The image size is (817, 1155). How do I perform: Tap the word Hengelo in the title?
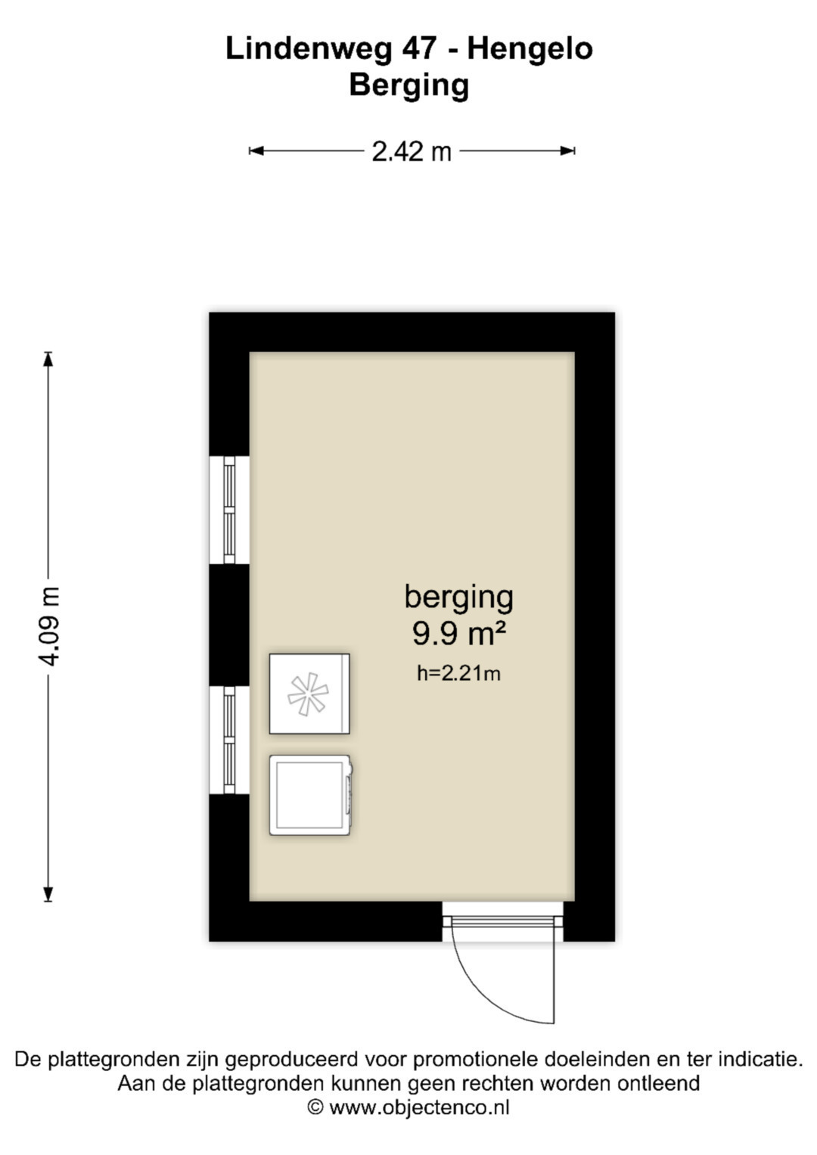[x=530, y=49]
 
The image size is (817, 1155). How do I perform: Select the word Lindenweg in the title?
[x=309, y=49]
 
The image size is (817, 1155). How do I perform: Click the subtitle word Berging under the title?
[x=409, y=85]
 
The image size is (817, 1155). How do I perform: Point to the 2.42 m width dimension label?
[x=412, y=151]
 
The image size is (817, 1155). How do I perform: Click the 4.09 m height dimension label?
[x=49, y=626]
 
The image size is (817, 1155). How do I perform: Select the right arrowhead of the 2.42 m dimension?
[x=568, y=151]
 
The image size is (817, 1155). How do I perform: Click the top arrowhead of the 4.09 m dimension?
[x=48, y=359]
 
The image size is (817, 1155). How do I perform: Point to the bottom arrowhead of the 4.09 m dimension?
[x=48, y=894]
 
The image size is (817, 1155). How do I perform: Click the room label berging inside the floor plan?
[x=458, y=598]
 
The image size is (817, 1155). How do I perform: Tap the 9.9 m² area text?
[x=458, y=633]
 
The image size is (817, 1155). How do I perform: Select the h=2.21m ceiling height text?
[x=458, y=673]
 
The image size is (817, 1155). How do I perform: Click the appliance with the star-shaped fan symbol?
[x=309, y=694]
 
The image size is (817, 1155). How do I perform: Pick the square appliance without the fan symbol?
[x=311, y=795]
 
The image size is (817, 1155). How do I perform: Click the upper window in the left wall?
[x=229, y=510]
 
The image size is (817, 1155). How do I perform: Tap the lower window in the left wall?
[x=229, y=740]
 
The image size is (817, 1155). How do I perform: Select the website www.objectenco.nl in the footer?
[x=419, y=1107]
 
